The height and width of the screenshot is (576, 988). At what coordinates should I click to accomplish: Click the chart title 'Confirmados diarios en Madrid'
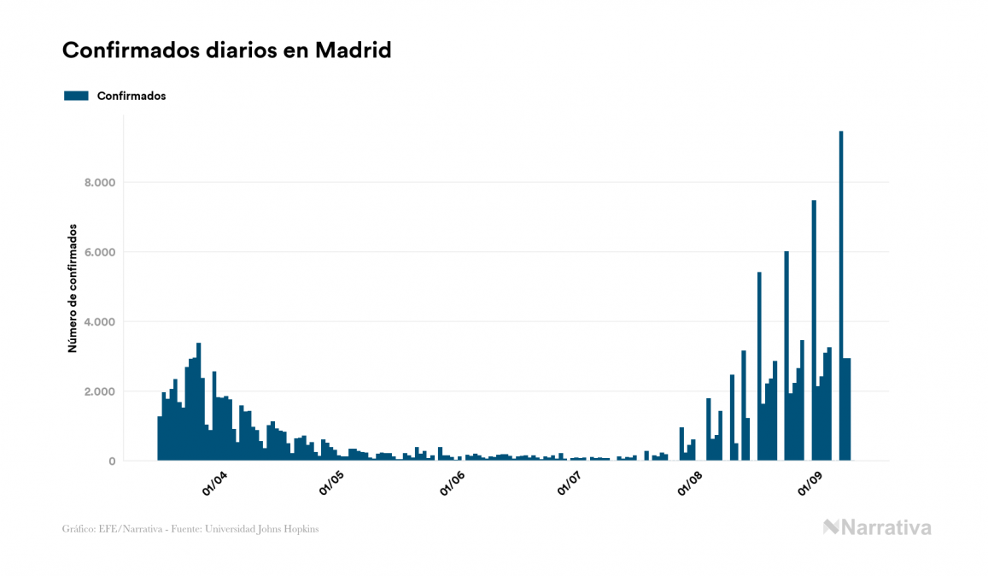click(226, 50)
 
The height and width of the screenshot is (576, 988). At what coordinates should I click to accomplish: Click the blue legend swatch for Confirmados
click(76, 96)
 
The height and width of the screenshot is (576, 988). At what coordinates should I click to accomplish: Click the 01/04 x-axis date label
click(213, 485)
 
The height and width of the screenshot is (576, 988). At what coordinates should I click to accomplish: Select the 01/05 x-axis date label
click(331, 485)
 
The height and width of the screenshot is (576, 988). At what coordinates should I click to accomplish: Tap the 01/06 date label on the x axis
click(452, 485)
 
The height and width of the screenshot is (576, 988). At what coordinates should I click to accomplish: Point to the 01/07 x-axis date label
click(570, 485)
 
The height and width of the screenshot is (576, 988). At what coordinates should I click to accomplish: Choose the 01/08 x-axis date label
click(690, 485)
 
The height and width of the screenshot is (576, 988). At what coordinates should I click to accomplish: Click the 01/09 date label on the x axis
click(810, 485)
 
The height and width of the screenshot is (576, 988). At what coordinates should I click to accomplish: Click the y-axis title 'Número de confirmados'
click(73, 289)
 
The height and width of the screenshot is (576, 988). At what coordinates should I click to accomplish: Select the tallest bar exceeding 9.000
click(841, 299)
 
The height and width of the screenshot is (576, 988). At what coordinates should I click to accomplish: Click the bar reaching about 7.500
click(814, 333)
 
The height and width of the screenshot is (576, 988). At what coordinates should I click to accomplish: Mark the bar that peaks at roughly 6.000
click(786, 359)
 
